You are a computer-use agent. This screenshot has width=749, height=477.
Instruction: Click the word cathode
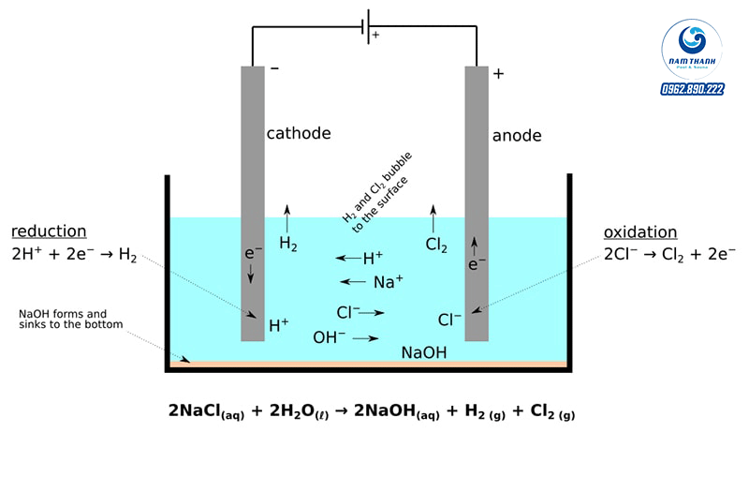(x=299, y=133)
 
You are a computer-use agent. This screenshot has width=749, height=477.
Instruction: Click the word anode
(x=517, y=136)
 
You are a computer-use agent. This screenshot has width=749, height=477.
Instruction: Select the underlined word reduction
(x=49, y=231)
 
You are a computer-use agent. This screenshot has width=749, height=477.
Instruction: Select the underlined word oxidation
(x=640, y=232)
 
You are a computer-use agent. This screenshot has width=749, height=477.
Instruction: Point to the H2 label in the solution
(x=288, y=244)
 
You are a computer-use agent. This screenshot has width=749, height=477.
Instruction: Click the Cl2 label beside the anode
(x=436, y=245)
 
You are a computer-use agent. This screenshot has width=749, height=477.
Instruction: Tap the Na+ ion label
(x=388, y=281)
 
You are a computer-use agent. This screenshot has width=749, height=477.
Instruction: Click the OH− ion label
(x=329, y=337)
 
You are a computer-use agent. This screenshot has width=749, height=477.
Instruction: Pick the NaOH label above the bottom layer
(x=424, y=352)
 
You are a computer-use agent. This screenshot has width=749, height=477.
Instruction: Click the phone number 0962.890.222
(x=693, y=89)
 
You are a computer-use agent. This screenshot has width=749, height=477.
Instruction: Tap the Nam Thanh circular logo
(x=694, y=47)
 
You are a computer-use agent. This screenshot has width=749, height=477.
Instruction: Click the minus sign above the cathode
(x=274, y=69)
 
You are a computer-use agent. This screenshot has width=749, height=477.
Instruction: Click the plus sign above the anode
(x=498, y=73)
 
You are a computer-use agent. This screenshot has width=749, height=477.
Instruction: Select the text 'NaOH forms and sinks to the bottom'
(x=63, y=319)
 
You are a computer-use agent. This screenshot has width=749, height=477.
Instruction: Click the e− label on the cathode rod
(x=250, y=253)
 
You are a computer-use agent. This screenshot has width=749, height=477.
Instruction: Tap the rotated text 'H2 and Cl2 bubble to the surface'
(x=378, y=187)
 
